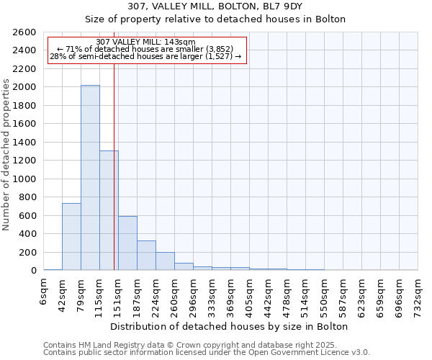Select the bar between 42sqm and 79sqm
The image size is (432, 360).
[71, 237]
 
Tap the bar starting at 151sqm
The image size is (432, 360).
[127, 243]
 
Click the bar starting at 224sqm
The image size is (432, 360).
[165, 261]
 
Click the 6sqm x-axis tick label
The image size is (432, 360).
[44, 294]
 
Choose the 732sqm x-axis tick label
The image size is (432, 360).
[418, 294]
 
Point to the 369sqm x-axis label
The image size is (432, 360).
[231, 294]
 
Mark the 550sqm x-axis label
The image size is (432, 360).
[324, 294]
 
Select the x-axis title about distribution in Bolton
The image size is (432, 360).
[230, 326]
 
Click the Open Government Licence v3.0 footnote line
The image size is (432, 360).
[207, 353]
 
